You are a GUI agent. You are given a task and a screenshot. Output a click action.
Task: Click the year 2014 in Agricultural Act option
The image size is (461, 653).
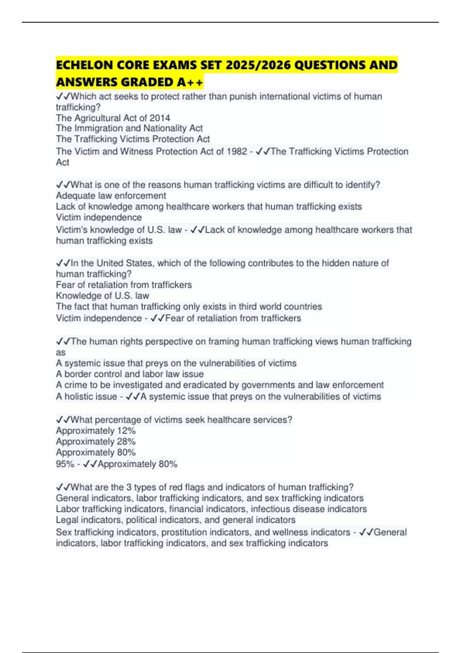click(x=160, y=118)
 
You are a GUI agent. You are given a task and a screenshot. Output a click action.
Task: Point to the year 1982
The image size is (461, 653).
click(x=237, y=151)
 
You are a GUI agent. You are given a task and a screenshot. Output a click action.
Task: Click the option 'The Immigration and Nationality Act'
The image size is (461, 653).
click(x=129, y=128)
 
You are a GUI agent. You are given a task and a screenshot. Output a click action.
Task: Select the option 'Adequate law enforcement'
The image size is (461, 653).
click(x=111, y=196)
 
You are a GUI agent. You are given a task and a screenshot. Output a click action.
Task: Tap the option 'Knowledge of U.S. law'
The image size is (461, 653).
click(x=103, y=295)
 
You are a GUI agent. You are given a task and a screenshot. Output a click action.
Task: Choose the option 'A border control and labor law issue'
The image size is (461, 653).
click(x=130, y=374)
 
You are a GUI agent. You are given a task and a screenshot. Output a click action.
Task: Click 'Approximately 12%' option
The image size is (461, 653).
click(x=96, y=431)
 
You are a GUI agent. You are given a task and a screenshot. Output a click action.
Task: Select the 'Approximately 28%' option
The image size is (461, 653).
click(x=96, y=441)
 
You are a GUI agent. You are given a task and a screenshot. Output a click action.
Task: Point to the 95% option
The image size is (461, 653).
click(x=65, y=464)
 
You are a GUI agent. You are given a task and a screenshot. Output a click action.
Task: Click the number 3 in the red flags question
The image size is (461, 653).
click(x=129, y=487)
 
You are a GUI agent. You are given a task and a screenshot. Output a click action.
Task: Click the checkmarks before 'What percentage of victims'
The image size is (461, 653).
click(x=63, y=420)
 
